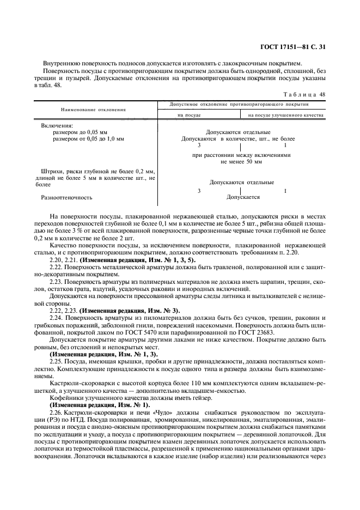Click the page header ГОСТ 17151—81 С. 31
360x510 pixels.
click(x=295, y=47)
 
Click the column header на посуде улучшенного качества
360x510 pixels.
click(x=285, y=115)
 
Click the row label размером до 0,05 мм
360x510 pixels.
click(x=80, y=132)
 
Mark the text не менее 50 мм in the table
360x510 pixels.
click(x=241, y=162)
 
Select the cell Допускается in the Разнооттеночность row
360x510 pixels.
click(x=243, y=197)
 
